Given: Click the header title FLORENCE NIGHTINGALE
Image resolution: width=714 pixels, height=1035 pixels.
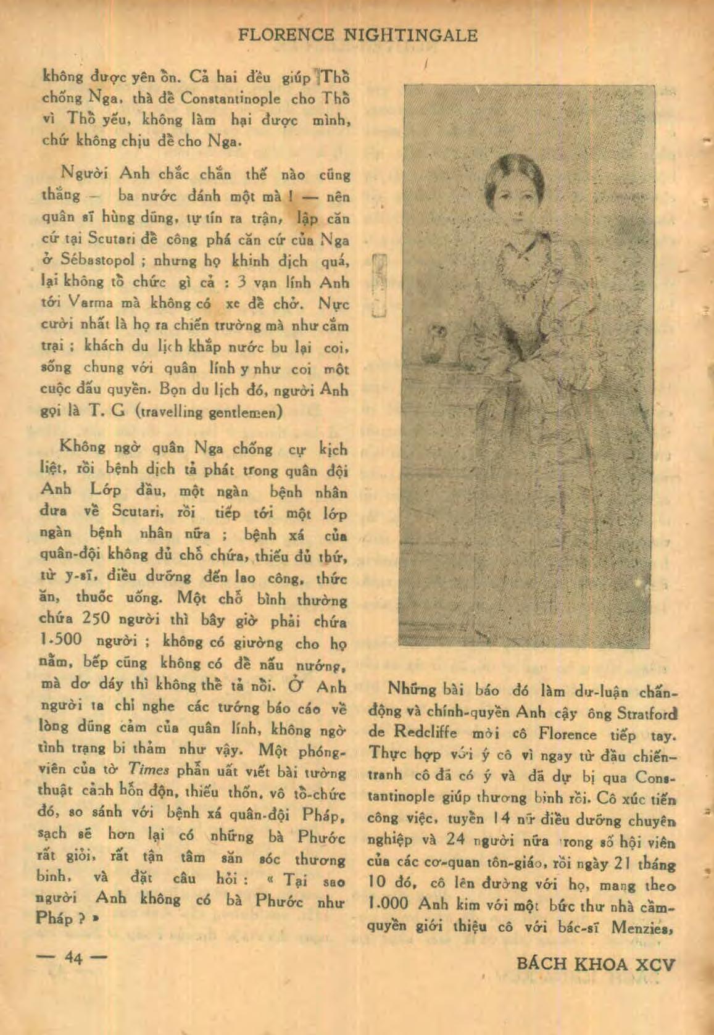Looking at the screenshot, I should [358, 35].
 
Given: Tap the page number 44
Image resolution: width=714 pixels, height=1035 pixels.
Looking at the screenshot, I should [73, 957].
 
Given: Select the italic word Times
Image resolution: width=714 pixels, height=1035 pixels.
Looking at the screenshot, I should [148, 770].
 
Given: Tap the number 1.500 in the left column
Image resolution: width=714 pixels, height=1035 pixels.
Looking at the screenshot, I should [60, 639].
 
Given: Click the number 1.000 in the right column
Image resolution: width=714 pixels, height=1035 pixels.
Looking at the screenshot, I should [388, 904].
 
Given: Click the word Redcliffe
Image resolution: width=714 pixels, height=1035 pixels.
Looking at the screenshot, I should [425, 733].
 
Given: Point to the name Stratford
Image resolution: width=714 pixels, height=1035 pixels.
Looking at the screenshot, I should [647, 713].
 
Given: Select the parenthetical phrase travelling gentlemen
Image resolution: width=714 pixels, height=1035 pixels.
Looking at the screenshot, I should [209, 412].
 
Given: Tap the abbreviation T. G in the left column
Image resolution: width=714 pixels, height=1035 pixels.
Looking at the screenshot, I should [107, 411].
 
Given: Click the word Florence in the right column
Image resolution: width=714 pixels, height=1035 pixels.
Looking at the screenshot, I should [567, 734].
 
